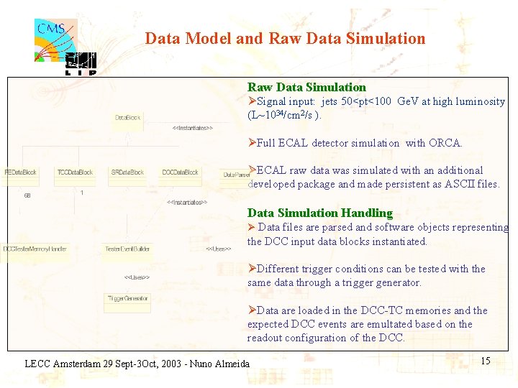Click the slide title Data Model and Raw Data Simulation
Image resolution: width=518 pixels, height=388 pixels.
(x=285, y=39)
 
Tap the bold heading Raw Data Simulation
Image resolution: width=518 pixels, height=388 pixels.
(x=306, y=87)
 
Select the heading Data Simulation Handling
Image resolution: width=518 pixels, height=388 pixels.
(x=319, y=213)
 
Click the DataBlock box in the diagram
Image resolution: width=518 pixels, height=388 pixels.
(x=128, y=117)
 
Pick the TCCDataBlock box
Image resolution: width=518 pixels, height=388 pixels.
(x=75, y=172)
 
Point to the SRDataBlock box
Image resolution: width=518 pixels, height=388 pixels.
(x=127, y=172)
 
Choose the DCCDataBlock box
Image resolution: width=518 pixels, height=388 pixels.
(x=180, y=172)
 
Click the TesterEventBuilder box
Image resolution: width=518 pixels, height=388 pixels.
(x=127, y=249)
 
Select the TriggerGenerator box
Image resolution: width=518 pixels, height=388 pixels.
(x=127, y=298)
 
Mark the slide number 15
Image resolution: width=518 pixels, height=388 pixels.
(x=486, y=361)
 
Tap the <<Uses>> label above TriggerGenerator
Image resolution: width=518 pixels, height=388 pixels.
(x=137, y=277)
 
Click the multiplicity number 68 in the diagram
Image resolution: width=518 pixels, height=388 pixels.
(x=27, y=195)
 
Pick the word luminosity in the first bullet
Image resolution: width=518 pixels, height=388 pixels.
(x=479, y=101)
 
